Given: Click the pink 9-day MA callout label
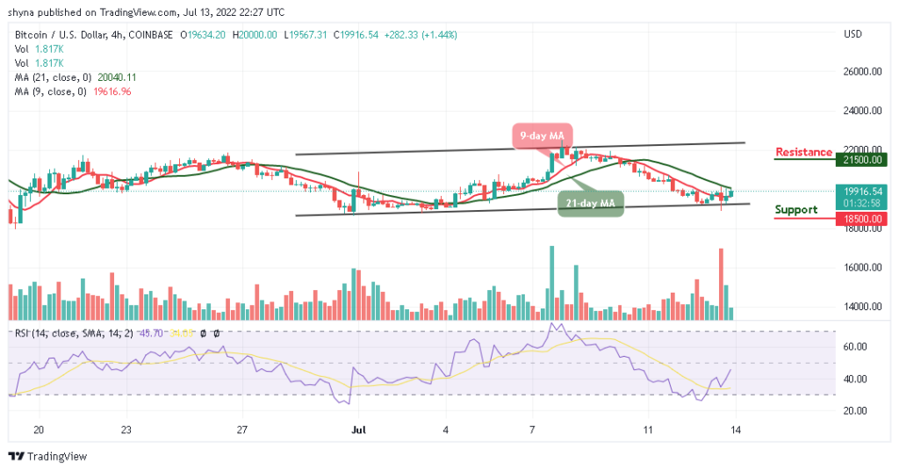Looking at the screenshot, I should click(543, 136).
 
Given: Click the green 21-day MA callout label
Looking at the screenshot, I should click(589, 204).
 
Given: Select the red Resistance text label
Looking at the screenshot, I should click(803, 152).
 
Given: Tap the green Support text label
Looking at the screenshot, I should click(797, 210).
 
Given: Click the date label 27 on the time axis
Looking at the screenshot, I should click(243, 431).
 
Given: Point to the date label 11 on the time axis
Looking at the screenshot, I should click(648, 431).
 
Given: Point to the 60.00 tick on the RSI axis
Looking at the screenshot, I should click(856, 347).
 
